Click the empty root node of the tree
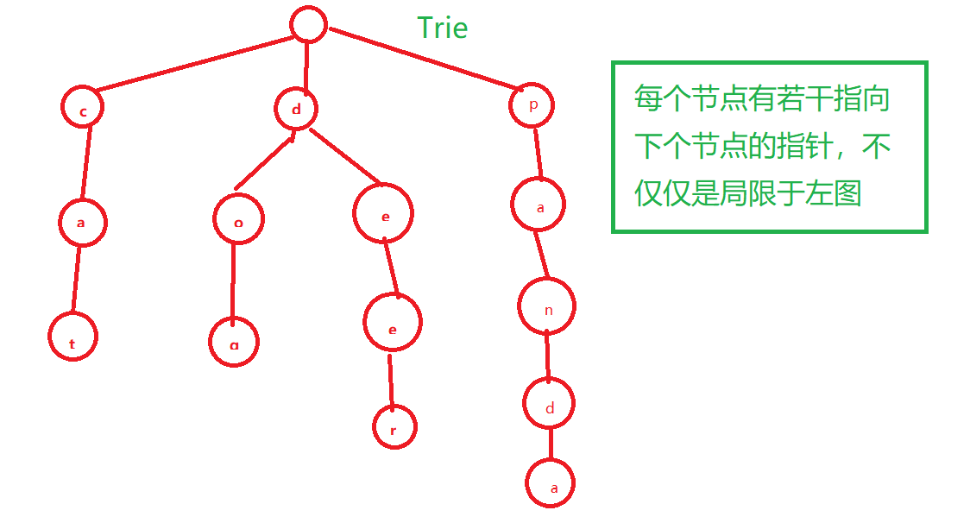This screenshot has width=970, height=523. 308,24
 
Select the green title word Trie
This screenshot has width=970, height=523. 442,28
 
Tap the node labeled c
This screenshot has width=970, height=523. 83,108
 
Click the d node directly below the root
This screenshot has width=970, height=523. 296,109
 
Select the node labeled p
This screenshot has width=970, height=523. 532,105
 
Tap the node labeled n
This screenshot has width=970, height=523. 547,306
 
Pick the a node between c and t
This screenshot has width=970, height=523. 82,222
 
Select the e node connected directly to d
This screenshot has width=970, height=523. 384,215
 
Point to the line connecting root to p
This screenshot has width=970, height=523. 423,58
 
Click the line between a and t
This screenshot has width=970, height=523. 77,280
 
